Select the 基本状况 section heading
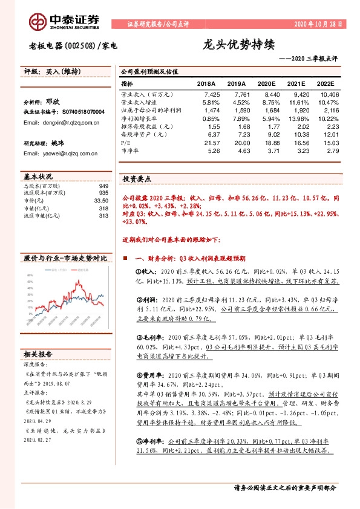tap(39, 177)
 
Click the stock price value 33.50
tap(101, 200)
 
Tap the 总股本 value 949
tap(103, 186)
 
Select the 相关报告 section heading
tap(39, 354)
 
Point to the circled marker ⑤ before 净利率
tap(138, 443)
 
